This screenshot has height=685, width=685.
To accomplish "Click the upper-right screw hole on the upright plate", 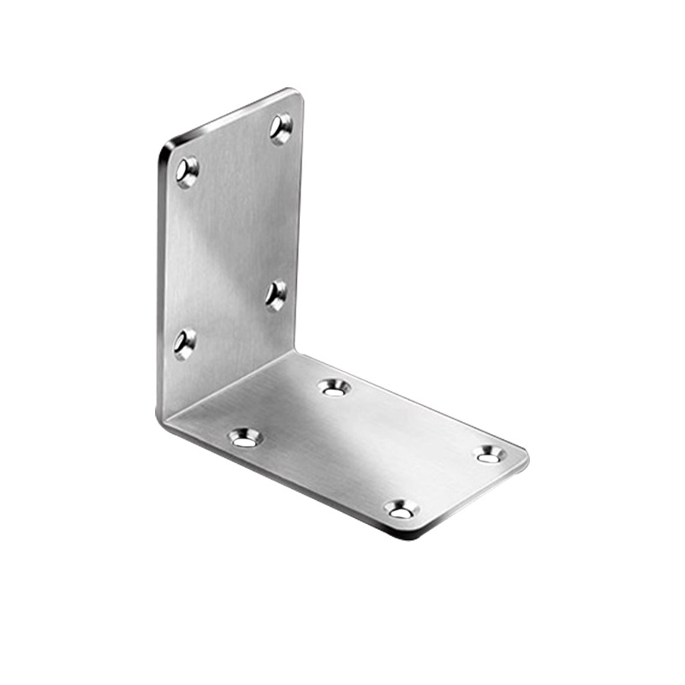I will [281, 128].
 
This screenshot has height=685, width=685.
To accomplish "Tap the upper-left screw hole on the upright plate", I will [187, 170].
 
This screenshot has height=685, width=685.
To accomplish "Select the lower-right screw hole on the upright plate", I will [276, 295].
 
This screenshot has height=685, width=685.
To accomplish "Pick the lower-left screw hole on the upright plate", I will [184, 342].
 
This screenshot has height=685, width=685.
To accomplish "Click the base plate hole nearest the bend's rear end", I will [335, 387].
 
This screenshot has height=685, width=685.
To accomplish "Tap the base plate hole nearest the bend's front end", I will [245, 438].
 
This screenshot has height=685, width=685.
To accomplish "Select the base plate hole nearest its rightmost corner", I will [490, 454].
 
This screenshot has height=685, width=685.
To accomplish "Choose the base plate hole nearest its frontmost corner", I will [401, 510].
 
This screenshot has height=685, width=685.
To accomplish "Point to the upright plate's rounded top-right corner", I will [295, 93].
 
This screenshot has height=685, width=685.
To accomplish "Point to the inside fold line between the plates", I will [231, 385].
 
